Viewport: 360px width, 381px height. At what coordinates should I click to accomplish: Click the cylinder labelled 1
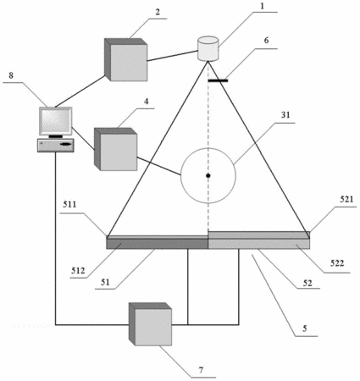pos(208,48)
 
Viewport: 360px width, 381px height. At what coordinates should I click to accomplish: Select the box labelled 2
pos(125,59)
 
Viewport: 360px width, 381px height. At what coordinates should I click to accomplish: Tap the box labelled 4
pos(115,149)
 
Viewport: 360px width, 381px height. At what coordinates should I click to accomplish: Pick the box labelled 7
pos(150,324)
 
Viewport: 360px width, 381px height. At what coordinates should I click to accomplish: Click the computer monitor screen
pos(55,121)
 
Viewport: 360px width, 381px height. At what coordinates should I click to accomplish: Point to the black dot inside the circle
pos(208,175)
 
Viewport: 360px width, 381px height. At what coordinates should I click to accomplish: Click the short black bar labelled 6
pos(218,80)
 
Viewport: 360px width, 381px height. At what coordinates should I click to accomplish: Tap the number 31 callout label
pos(285,115)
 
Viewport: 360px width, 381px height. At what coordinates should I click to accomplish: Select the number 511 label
pos(69,204)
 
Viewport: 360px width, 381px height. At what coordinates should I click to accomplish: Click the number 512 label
pos(78,271)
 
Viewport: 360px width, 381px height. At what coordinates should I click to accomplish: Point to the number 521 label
pos(346,199)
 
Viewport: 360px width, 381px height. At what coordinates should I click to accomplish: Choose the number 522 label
pos(337,263)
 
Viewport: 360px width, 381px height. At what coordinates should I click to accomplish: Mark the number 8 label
pos(11,75)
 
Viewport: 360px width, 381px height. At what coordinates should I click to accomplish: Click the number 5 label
pos(304,329)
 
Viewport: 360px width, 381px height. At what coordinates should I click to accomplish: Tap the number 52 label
pos(307,283)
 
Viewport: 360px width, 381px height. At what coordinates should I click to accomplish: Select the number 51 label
pos(105,282)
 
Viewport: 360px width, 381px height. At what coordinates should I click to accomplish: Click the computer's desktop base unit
pos(56,146)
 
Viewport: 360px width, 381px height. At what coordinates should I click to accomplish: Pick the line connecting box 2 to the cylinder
pos(172,56)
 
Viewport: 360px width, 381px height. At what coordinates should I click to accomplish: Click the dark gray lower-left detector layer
pos(158,244)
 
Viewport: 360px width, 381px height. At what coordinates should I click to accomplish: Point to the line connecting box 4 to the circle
pos(159,166)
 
